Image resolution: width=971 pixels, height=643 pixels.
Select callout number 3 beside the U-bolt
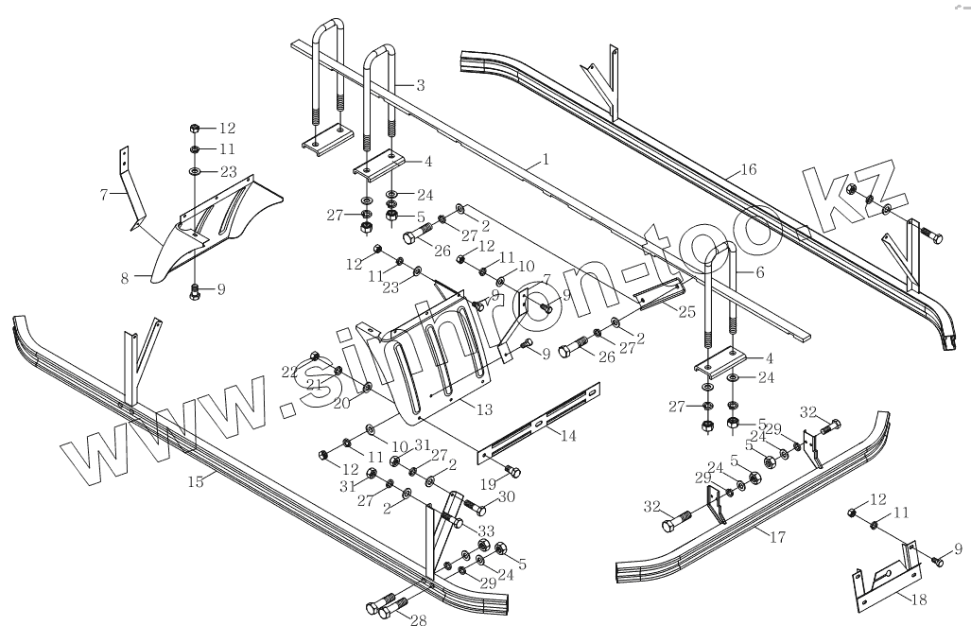419,85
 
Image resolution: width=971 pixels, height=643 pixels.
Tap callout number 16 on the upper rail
748,170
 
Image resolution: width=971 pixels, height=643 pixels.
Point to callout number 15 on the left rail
196,481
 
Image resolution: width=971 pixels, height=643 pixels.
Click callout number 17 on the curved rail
777,538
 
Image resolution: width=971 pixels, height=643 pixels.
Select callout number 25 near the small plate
686,311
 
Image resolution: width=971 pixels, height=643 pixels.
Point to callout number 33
486,531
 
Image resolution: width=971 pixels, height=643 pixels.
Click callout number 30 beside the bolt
506,497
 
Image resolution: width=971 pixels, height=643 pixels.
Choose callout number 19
490,483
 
